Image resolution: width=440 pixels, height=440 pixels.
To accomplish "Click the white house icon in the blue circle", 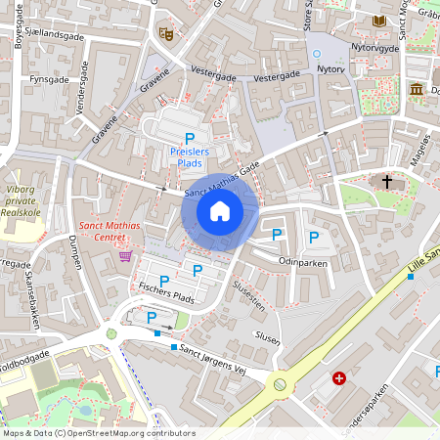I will (x=220, y=210).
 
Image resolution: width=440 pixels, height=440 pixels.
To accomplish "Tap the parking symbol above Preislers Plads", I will (x=191, y=139).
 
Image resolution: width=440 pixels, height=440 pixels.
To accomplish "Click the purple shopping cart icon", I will (x=125, y=256).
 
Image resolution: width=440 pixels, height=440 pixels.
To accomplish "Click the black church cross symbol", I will (x=387, y=182).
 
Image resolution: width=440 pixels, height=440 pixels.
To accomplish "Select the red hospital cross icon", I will (x=339, y=378).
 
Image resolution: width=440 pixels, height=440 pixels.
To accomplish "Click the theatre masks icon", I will (x=166, y=33).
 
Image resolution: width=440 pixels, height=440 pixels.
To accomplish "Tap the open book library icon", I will (x=379, y=21).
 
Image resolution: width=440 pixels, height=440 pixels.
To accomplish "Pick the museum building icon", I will (x=417, y=90).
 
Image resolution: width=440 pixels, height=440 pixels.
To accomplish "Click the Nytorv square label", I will (x=330, y=69).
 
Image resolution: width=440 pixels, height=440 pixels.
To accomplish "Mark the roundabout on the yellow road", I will (x=281, y=384).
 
